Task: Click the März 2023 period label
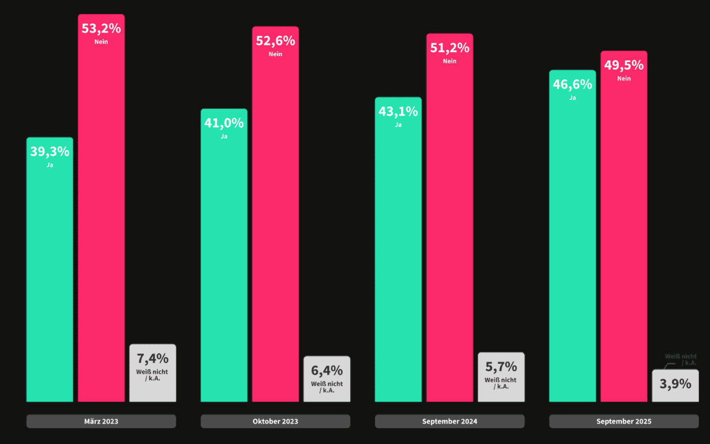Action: coord(101,422)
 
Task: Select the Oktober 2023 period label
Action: coord(275,422)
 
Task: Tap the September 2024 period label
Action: coord(450,422)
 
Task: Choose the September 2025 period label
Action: coord(624,422)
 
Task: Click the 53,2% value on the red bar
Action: coord(101,29)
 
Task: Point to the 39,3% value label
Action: coord(50,151)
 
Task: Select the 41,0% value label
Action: coord(224,123)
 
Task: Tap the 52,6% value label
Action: coord(275,41)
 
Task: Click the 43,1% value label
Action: coord(398,111)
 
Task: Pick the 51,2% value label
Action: coord(450,48)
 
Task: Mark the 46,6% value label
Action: coord(572,84)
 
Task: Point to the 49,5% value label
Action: coord(624,64)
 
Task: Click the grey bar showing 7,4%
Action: coord(153,373)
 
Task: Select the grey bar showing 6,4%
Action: coord(327,379)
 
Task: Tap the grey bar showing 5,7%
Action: coord(501,377)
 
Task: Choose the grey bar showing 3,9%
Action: coord(675,385)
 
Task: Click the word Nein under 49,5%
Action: coord(624,79)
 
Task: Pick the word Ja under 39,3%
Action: coord(50,165)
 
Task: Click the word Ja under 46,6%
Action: coord(572,98)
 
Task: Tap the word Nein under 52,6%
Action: coord(275,54)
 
